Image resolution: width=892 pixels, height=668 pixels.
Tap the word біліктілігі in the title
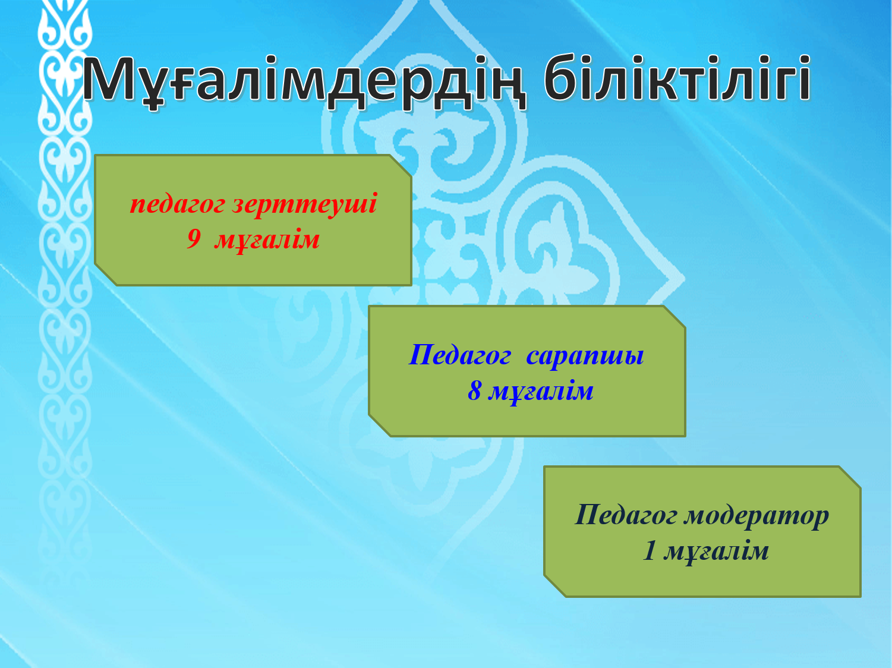(677, 77)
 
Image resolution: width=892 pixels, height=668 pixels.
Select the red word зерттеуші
(305, 204)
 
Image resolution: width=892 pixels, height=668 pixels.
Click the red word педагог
(177, 205)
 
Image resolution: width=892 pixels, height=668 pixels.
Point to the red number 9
(194, 239)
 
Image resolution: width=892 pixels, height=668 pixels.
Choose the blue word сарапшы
(585, 357)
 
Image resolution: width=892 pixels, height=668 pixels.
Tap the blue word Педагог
(459, 356)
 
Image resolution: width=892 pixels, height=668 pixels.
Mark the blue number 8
(474, 391)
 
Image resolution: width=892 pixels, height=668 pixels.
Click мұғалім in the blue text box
(541, 392)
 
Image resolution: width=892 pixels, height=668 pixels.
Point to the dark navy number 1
(650, 551)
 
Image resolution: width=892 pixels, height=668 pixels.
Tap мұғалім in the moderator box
(716, 552)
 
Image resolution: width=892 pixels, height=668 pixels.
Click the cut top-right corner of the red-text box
(401, 166)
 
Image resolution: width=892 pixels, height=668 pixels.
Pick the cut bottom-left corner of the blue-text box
(380, 426)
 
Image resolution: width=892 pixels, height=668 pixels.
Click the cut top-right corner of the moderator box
(850, 477)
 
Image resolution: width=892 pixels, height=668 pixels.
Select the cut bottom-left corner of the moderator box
(555, 586)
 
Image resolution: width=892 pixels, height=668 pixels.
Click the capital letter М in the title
(109, 78)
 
